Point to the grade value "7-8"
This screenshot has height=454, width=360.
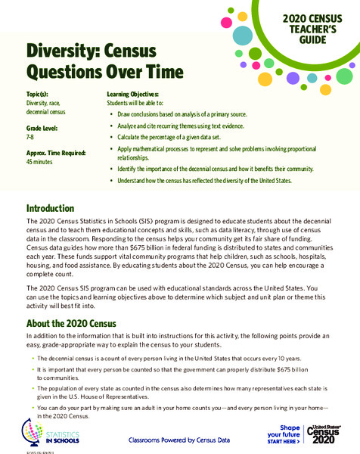click(x=32, y=137)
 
